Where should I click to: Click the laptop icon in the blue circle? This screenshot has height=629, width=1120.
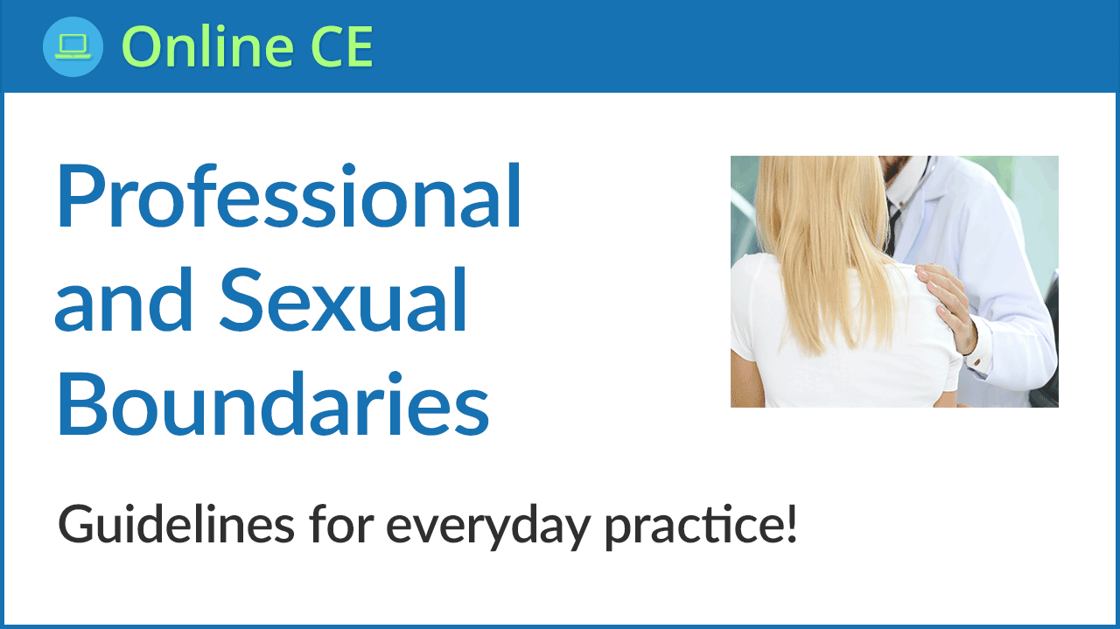pyautogui.click(x=73, y=47)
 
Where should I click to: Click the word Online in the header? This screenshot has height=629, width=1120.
pyautogui.click(x=207, y=46)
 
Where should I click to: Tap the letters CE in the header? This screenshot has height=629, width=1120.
pyautogui.click(x=342, y=46)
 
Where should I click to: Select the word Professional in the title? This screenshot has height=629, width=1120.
pyautogui.click(x=289, y=195)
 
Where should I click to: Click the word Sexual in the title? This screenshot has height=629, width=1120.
pyautogui.click(x=343, y=299)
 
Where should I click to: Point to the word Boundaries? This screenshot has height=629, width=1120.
pyautogui.click(x=273, y=403)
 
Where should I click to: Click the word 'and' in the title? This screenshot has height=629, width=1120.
pyautogui.click(x=123, y=299)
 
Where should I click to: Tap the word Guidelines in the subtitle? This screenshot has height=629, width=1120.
pyautogui.click(x=176, y=523)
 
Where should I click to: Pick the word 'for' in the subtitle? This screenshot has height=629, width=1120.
pyautogui.click(x=341, y=523)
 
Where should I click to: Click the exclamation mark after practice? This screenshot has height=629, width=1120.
pyautogui.click(x=791, y=523)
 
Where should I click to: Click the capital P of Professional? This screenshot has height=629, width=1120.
pyautogui.click(x=80, y=197)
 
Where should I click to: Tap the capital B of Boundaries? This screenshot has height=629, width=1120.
pyautogui.click(x=81, y=404)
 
